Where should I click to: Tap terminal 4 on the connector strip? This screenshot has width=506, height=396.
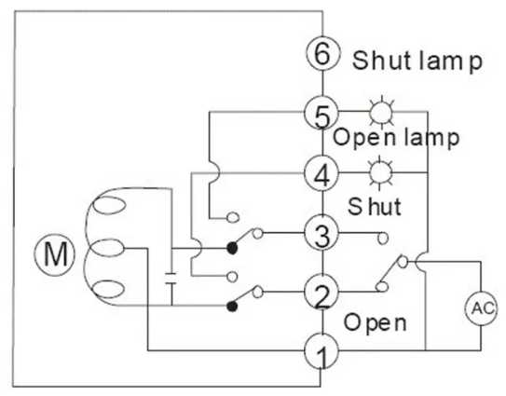point(321,173)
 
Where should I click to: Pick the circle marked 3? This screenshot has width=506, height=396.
point(321,234)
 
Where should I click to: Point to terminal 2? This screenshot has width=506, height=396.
point(321,294)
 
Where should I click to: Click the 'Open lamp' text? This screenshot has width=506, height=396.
point(396,139)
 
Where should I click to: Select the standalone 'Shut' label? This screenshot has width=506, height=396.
point(375,204)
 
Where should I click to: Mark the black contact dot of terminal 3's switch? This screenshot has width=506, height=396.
point(230,248)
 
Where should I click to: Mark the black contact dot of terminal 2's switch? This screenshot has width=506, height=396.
point(230,306)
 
